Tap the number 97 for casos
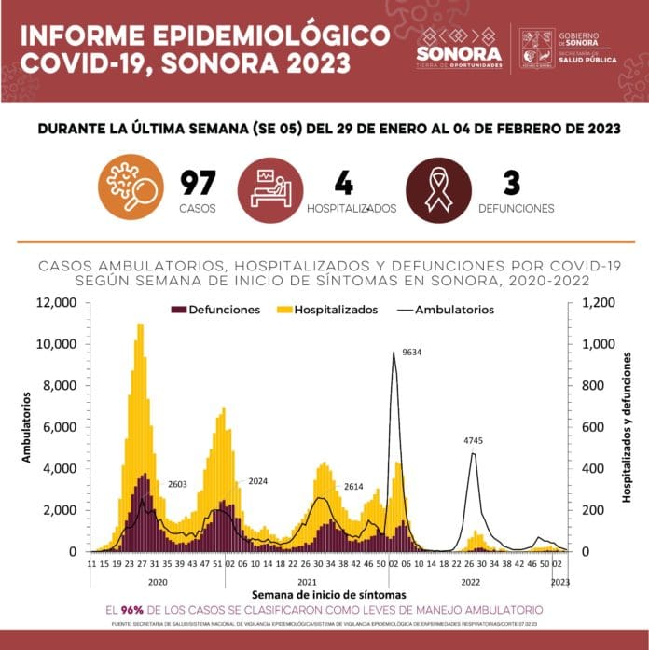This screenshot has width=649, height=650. [x=200, y=183]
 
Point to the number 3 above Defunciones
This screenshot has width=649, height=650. [x=511, y=183]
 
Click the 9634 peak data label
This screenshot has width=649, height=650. [x=412, y=353]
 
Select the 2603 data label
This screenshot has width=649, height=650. [x=179, y=485]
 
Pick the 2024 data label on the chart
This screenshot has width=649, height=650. [x=258, y=481]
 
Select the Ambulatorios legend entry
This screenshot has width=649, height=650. [x=444, y=310]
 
